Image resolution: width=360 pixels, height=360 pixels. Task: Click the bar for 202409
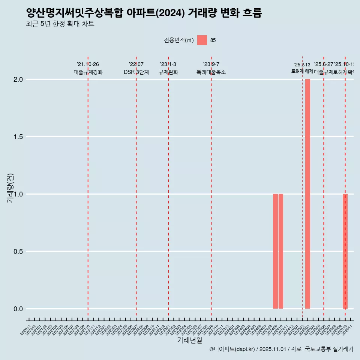tap(275, 251)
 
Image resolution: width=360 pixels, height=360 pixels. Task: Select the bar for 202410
tap(281, 251)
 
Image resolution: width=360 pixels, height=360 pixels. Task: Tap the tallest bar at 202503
tap(307, 194)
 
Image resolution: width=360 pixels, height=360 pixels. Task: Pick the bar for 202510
tap(345, 251)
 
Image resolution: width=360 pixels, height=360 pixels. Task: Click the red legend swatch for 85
tap(202, 40)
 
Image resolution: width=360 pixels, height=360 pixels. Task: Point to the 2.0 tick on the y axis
tap(18, 79)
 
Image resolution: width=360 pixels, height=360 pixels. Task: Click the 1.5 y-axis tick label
tap(18, 137)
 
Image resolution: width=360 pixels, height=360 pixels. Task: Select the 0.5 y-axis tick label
tap(18, 252)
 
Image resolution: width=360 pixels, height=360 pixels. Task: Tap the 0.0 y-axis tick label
tap(18, 309)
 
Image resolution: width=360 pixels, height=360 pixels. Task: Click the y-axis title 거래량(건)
tap(10, 188)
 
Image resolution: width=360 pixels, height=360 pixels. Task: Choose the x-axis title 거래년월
tap(189, 340)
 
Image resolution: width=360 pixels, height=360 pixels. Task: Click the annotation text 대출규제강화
tap(88, 72)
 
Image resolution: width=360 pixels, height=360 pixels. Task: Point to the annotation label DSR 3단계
tap(136, 72)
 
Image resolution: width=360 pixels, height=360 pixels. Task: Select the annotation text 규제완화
tap(168, 72)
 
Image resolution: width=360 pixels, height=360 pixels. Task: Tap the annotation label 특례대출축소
tap(211, 72)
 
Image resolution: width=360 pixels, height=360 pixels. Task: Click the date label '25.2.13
tap(302, 65)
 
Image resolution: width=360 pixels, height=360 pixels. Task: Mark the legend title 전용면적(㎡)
tap(178, 40)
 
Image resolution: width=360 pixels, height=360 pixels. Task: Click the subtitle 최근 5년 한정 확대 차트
tap(60, 24)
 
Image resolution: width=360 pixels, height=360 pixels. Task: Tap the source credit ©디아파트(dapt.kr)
tap(232, 349)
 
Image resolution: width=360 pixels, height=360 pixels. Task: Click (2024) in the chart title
tap(168, 13)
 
